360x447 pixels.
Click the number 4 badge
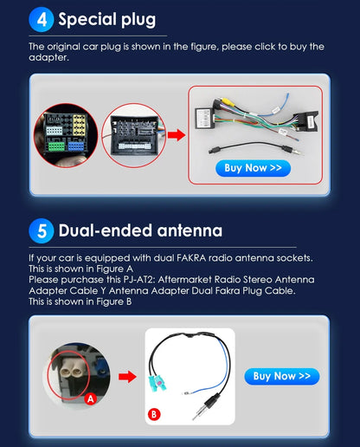pyautogui.click(x=42, y=19)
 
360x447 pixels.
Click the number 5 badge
pyautogui.click(x=42, y=231)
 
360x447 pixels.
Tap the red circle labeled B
pyautogui.click(x=153, y=414)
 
